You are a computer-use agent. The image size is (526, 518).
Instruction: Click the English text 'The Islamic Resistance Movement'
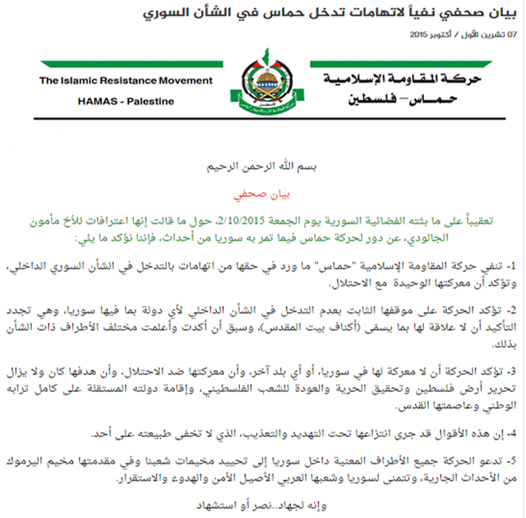pyautogui.click(x=126, y=80)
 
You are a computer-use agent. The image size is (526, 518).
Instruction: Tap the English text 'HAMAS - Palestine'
pyautogui.click(x=127, y=101)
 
